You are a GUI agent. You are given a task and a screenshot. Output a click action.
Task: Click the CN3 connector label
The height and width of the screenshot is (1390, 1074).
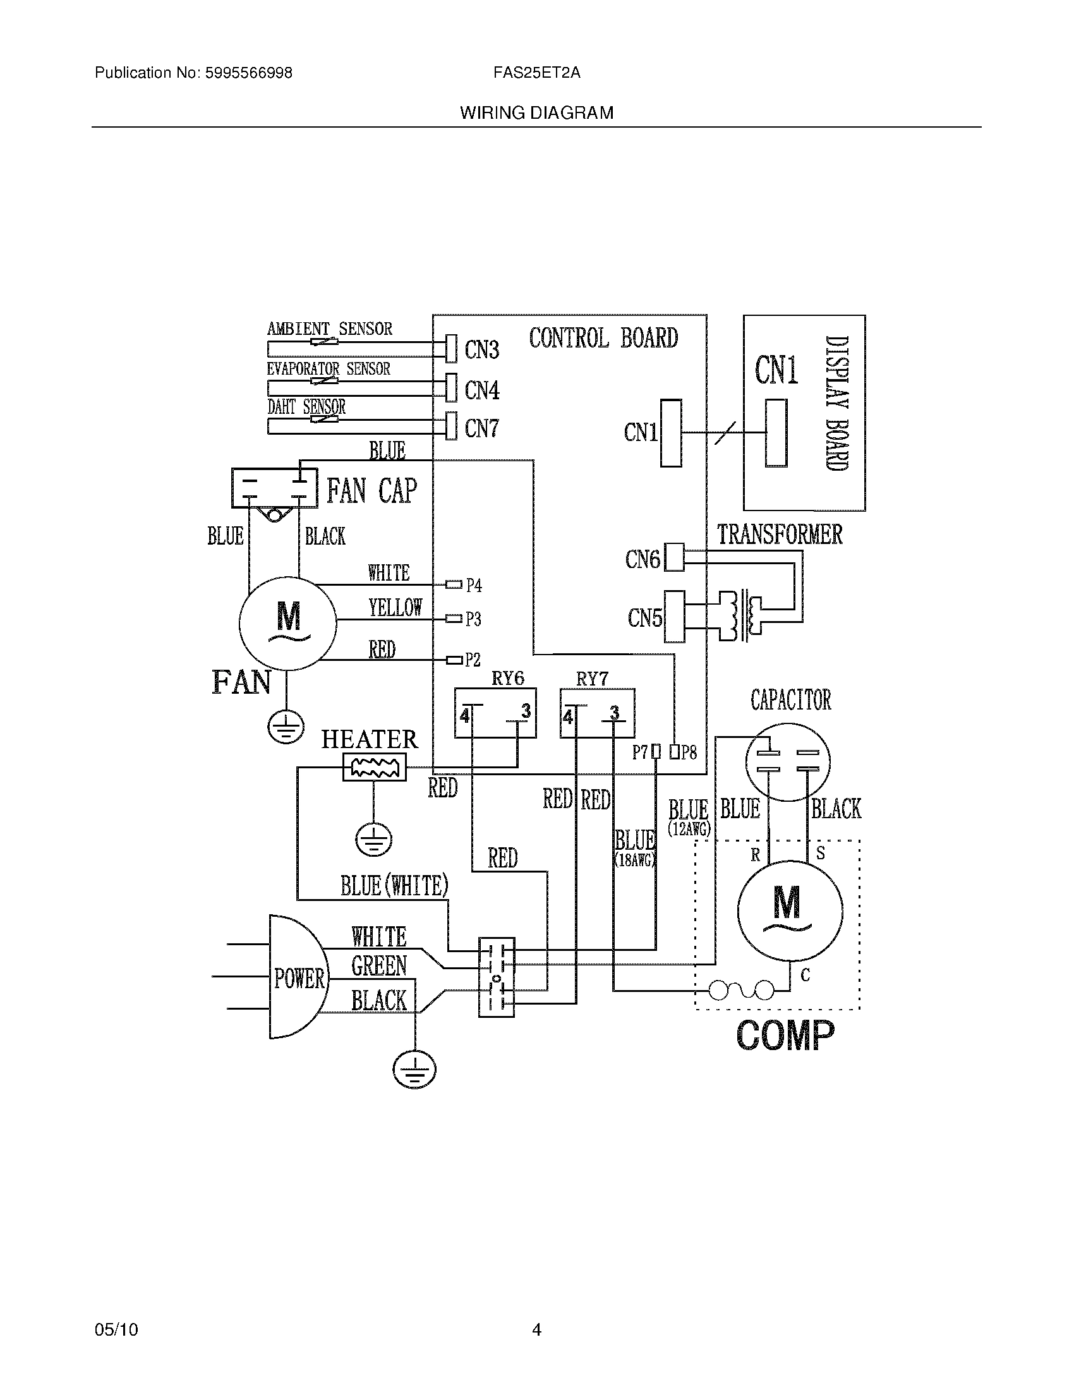click(x=481, y=349)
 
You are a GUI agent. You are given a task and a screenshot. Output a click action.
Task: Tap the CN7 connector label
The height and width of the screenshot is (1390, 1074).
click(x=481, y=428)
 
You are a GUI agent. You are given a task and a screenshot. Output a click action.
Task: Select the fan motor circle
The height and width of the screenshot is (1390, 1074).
click(x=287, y=623)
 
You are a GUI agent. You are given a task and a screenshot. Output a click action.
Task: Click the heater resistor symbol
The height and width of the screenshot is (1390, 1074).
click(x=374, y=767)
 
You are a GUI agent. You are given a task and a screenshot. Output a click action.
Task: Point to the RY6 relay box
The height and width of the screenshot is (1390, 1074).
click(x=495, y=713)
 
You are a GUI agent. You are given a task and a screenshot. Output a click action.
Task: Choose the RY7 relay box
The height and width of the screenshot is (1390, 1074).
click(x=597, y=713)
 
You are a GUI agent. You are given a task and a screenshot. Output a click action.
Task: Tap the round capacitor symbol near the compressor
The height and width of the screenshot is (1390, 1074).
click(x=788, y=761)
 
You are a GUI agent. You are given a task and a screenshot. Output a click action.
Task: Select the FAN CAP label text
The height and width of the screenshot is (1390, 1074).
click(x=371, y=491)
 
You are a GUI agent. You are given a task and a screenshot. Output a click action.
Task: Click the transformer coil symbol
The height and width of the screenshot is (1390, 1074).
click(x=741, y=615)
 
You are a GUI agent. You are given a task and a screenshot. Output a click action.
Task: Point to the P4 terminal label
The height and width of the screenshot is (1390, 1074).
click(x=474, y=585)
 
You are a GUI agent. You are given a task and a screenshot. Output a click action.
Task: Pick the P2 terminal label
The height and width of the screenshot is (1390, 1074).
click(x=473, y=660)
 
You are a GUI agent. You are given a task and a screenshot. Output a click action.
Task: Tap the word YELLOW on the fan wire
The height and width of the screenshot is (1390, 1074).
click(x=395, y=608)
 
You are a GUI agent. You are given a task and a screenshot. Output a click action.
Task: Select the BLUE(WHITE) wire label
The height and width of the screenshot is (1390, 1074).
click(x=394, y=886)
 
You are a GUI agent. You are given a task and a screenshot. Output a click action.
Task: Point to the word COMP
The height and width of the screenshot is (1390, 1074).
click(x=785, y=1036)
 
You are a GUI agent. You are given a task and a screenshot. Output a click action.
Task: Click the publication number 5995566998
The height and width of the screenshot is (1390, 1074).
click(x=248, y=73)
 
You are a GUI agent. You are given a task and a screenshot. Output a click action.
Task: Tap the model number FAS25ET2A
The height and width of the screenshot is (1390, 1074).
click(x=536, y=73)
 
